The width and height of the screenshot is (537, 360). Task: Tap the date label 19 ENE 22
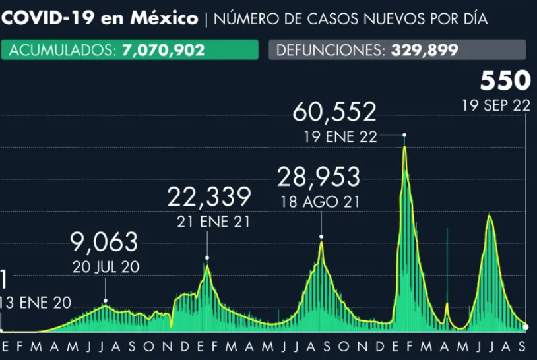pos(340,137)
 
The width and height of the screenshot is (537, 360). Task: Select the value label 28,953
pos(319,177)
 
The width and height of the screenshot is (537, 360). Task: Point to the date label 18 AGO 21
pos(319,202)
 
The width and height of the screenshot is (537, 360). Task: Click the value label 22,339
pos(209,196)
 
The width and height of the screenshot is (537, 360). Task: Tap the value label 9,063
pos(106,242)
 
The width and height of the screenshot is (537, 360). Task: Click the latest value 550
pos(505,80)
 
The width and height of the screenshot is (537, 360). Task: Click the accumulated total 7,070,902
pos(164,50)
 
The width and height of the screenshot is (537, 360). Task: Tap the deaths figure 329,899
pos(425,50)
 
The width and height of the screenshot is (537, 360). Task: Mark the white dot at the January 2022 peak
pos(404,135)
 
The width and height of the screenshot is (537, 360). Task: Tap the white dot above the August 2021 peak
pos(321,236)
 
